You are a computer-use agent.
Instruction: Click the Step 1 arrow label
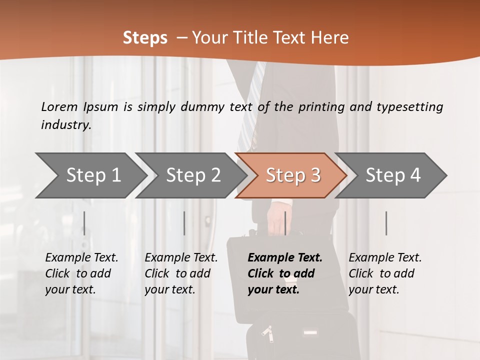(93, 175)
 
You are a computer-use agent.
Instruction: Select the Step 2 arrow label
(193, 175)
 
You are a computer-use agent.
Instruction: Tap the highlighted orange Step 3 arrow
(293, 175)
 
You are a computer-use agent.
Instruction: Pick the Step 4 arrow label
(393, 175)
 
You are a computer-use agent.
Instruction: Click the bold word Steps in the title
(145, 38)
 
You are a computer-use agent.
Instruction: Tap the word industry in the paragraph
(65, 124)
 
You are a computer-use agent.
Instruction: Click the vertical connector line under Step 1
(84, 223)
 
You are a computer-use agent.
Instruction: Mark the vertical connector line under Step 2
(184, 223)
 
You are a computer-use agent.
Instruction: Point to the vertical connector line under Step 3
(285, 223)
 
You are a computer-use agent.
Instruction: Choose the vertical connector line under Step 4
(386, 223)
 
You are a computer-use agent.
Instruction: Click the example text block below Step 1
(81, 273)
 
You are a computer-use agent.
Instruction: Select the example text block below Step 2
(181, 273)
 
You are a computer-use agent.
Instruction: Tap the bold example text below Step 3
(285, 273)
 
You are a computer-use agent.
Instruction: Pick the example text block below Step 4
(385, 273)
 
